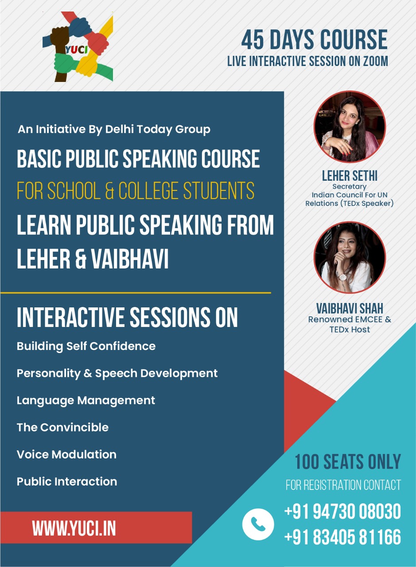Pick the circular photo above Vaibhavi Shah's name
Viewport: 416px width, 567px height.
350,257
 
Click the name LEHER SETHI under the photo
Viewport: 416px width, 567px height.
350,176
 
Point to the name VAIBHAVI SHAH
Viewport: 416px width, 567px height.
350,308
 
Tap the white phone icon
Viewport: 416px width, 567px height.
258,524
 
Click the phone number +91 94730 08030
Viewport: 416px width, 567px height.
342,512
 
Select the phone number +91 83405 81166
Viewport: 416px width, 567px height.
342,537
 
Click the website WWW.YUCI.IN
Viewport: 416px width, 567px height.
74,528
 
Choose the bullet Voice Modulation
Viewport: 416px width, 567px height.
66,454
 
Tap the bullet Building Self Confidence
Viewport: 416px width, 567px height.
86,346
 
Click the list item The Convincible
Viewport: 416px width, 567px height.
62,427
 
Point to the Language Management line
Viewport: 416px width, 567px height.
86,400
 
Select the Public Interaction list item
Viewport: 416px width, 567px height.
67,482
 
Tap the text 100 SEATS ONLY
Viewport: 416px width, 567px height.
348,462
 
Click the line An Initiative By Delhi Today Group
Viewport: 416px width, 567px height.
114,130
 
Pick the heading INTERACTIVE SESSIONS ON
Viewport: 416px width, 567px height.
127,317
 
